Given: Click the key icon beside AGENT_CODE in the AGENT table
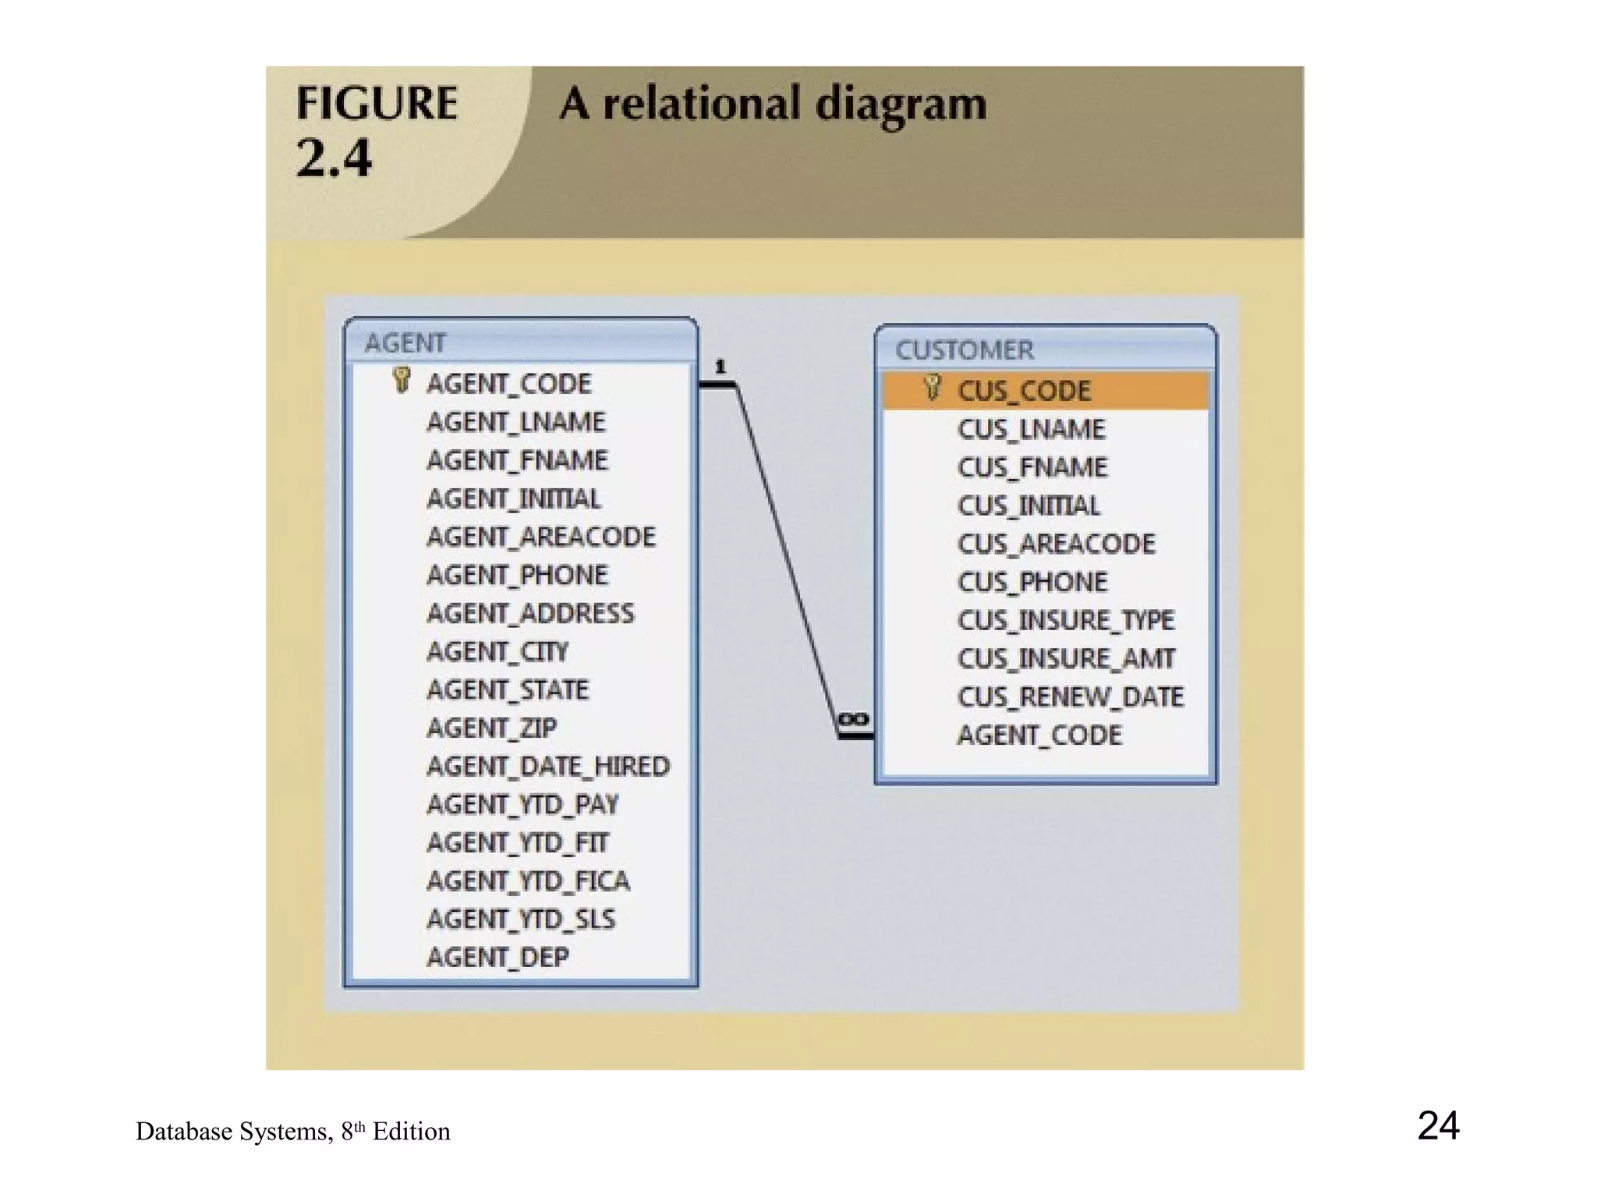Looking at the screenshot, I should pos(402,381).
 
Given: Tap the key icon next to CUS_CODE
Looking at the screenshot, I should pos(932,388).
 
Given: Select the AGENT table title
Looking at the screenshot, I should pos(405,343).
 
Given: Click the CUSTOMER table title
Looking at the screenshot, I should pos(965,350).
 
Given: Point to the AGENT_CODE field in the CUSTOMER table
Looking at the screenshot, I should pos(1039,735).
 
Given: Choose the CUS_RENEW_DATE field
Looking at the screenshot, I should pos(1070,697).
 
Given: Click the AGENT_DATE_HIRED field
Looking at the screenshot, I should pos(547,767).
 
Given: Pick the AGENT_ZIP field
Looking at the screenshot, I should pos(491,728).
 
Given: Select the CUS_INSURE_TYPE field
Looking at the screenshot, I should pos(1065,621).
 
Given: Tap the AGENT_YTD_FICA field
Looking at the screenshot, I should pos(528,881).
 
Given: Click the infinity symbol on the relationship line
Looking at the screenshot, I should pos(853,719).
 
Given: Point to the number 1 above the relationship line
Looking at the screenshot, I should pos(721,367).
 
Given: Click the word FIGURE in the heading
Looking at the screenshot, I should pos(377,104).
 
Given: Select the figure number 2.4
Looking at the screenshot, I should pos(334,158).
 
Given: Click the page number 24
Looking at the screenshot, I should pos(1438,1125).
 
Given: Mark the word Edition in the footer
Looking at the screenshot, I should pos(411,1132).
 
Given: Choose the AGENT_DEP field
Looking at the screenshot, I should pos(498,958).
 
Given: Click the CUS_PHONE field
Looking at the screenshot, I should pos(1032,583).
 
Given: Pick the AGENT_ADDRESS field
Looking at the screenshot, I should pos(530,614).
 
